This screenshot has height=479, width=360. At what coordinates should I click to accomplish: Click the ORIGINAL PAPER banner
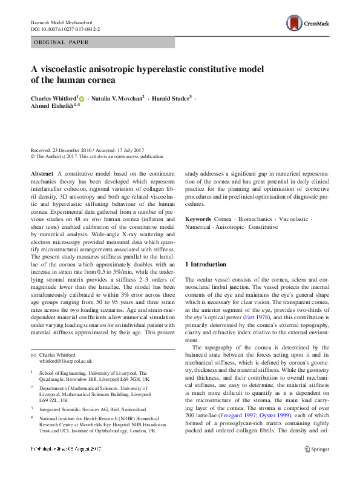coord(61,42)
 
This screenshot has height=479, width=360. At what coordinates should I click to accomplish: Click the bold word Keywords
coord(198,218)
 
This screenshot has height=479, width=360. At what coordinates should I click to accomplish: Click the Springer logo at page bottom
coord(317,465)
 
